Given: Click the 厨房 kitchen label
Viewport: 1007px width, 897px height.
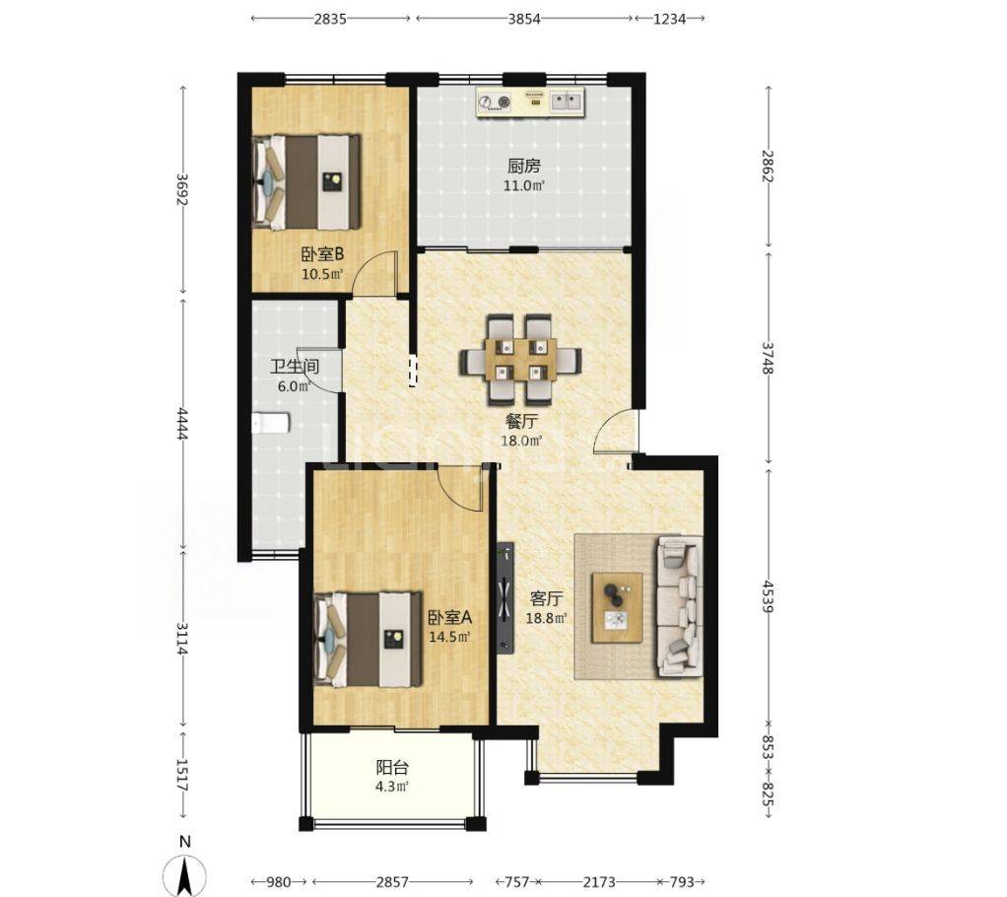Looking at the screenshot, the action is click(x=524, y=167).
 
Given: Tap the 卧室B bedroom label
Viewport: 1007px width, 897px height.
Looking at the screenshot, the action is click(x=323, y=254).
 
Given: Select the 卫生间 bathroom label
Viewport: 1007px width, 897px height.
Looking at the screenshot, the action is click(x=295, y=367).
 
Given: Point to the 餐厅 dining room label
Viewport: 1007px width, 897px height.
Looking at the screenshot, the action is click(x=521, y=422).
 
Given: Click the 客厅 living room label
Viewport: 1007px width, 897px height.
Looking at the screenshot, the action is click(x=546, y=599).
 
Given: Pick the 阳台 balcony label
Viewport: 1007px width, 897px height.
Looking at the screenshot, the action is click(x=392, y=767).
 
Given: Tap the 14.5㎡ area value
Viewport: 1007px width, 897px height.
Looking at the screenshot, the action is click(x=449, y=637).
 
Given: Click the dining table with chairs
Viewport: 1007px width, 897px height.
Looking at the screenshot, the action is click(x=521, y=360).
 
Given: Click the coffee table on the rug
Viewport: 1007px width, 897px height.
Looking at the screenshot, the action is click(x=618, y=607).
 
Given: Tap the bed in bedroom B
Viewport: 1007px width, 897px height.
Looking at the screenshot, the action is click(x=306, y=181).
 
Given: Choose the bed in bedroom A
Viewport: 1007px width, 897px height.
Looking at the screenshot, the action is click(x=368, y=640).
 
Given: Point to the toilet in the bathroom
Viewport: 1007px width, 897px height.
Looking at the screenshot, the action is click(x=271, y=423).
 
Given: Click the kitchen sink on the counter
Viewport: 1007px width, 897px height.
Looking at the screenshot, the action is click(x=568, y=101).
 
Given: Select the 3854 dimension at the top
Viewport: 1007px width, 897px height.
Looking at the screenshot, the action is click(x=524, y=19).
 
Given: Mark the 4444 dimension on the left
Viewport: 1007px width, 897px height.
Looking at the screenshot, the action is click(x=182, y=424).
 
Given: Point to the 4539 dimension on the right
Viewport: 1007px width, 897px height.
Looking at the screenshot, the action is click(x=769, y=597).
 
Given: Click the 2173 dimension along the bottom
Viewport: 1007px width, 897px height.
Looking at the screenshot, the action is click(x=598, y=881).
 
